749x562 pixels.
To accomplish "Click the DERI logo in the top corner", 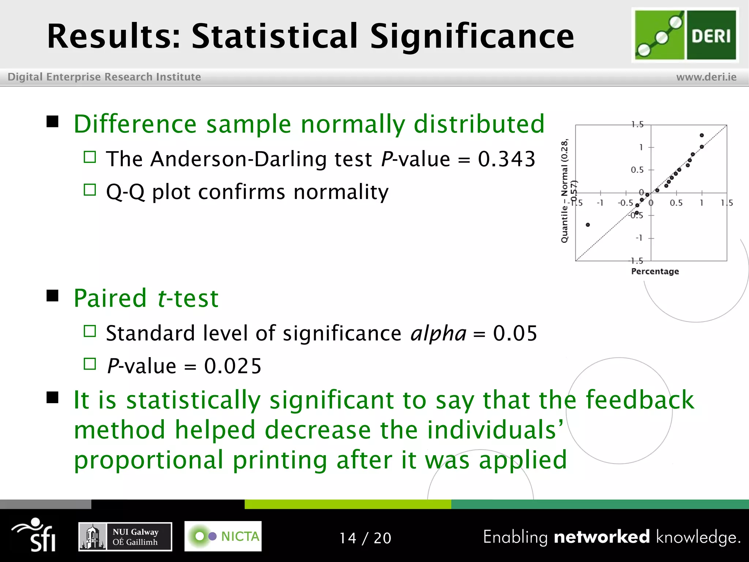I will (685, 35).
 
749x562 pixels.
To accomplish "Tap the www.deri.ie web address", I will (706, 77).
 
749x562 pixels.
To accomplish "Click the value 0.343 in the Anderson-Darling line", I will (507, 159).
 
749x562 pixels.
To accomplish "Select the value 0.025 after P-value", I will (233, 366).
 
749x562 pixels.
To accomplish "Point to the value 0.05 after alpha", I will (515, 333).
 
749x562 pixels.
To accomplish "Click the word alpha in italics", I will (438, 333).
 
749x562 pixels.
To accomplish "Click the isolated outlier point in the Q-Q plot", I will (588, 225).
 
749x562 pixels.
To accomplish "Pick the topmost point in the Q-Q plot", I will (701, 135).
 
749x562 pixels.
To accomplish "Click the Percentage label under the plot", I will (655, 271).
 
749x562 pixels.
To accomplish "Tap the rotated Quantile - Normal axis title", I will (565, 190).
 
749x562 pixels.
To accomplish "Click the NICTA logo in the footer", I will (223, 536).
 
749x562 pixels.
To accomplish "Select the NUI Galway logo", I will (125, 536).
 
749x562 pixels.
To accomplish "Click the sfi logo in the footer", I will (35, 535).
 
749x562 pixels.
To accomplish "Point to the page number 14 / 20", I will (365, 538).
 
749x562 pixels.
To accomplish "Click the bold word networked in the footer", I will (602, 537).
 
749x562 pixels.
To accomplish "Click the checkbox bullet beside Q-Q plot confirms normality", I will (90, 190).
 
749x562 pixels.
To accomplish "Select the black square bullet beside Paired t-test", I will (53, 296).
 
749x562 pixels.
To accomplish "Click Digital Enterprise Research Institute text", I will (104, 77).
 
